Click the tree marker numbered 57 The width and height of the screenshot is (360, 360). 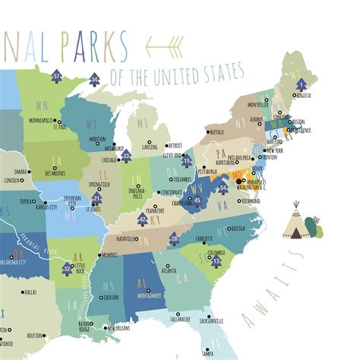[x=58, y=76]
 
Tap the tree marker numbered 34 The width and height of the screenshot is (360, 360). [x=94, y=78]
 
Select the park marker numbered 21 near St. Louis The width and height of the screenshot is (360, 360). [x=96, y=200]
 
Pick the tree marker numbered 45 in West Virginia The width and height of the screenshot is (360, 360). [x=197, y=200]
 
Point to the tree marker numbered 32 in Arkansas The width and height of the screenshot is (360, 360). [x=68, y=267]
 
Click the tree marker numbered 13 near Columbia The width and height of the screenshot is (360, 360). [x=216, y=261]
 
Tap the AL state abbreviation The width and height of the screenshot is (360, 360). [x=141, y=279]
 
